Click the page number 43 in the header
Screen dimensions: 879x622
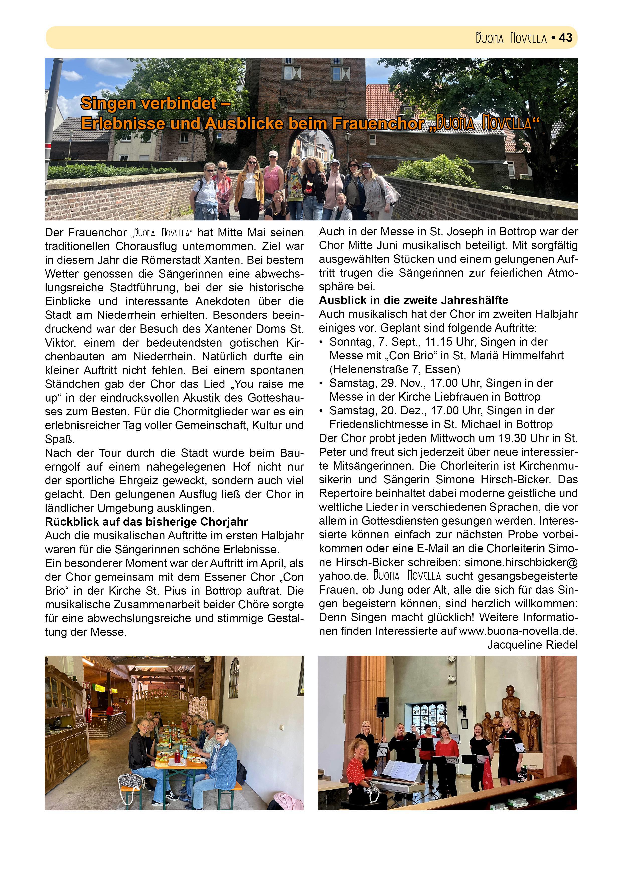point(565,38)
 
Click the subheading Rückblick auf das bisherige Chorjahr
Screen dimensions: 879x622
point(146,522)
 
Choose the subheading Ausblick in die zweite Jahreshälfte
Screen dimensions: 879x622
point(413,300)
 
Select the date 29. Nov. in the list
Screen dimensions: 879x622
point(401,383)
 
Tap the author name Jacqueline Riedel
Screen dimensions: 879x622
point(532,645)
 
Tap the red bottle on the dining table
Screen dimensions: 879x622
point(178,758)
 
